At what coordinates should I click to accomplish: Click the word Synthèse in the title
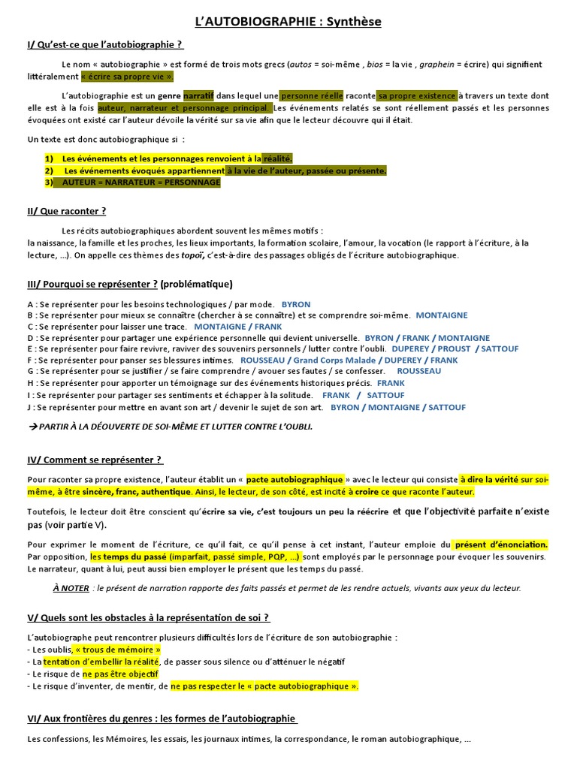(349, 22)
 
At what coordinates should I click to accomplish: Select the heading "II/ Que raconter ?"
(67, 211)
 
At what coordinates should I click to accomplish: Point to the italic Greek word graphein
(437, 65)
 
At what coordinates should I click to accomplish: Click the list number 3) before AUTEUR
(50, 182)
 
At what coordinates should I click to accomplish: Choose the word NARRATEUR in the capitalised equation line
(134, 182)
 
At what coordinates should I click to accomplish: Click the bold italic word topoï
(193, 255)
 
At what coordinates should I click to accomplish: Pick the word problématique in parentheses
(196, 284)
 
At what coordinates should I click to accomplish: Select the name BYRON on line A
(296, 304)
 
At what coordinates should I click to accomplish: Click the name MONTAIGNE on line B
(442, 315)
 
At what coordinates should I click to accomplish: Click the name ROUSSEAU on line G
(419, 372)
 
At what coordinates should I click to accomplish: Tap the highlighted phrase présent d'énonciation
(501, 544)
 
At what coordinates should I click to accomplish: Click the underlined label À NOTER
(71, 588)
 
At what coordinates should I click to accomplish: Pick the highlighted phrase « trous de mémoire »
(118, 649)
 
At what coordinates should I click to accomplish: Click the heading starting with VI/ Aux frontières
(162, 719)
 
